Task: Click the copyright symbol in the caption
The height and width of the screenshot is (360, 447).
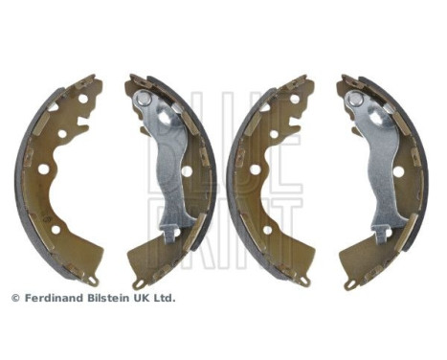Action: click(x=14, y=298)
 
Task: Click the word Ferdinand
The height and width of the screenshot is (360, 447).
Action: click(x=51, y=298)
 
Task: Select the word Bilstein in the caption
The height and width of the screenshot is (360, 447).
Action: click(x=107, y=298)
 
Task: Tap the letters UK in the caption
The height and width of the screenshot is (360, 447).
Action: click(x=141, y=298)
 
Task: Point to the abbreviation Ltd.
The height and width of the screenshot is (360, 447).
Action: click(x=165, y=298)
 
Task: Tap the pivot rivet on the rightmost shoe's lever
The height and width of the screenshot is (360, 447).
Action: click(x=355, y=99)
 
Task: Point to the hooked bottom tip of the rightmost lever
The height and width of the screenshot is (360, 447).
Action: click(x=379, y=233)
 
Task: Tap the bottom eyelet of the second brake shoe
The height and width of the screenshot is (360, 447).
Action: click(x=140, y=284)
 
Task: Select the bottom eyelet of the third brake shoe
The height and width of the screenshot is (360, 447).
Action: click(x=304, y=280)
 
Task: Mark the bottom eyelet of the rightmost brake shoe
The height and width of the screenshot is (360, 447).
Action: click(x=351, y=284)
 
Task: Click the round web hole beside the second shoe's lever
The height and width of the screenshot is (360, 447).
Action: click(x=187, y=171)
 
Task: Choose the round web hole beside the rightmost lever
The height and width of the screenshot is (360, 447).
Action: click(x=399, y=171)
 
